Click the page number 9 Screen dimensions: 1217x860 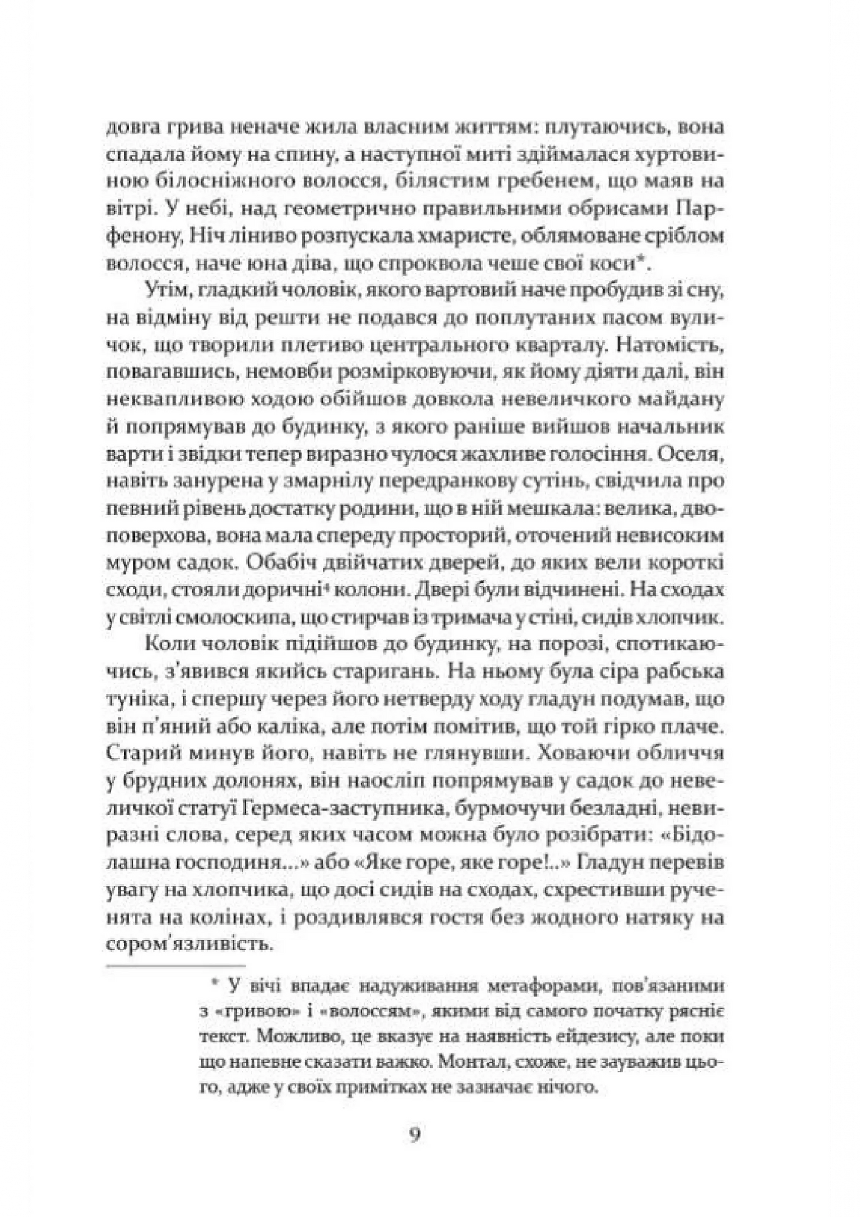point(415,1134)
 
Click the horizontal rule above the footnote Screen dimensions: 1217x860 point(176,965)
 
